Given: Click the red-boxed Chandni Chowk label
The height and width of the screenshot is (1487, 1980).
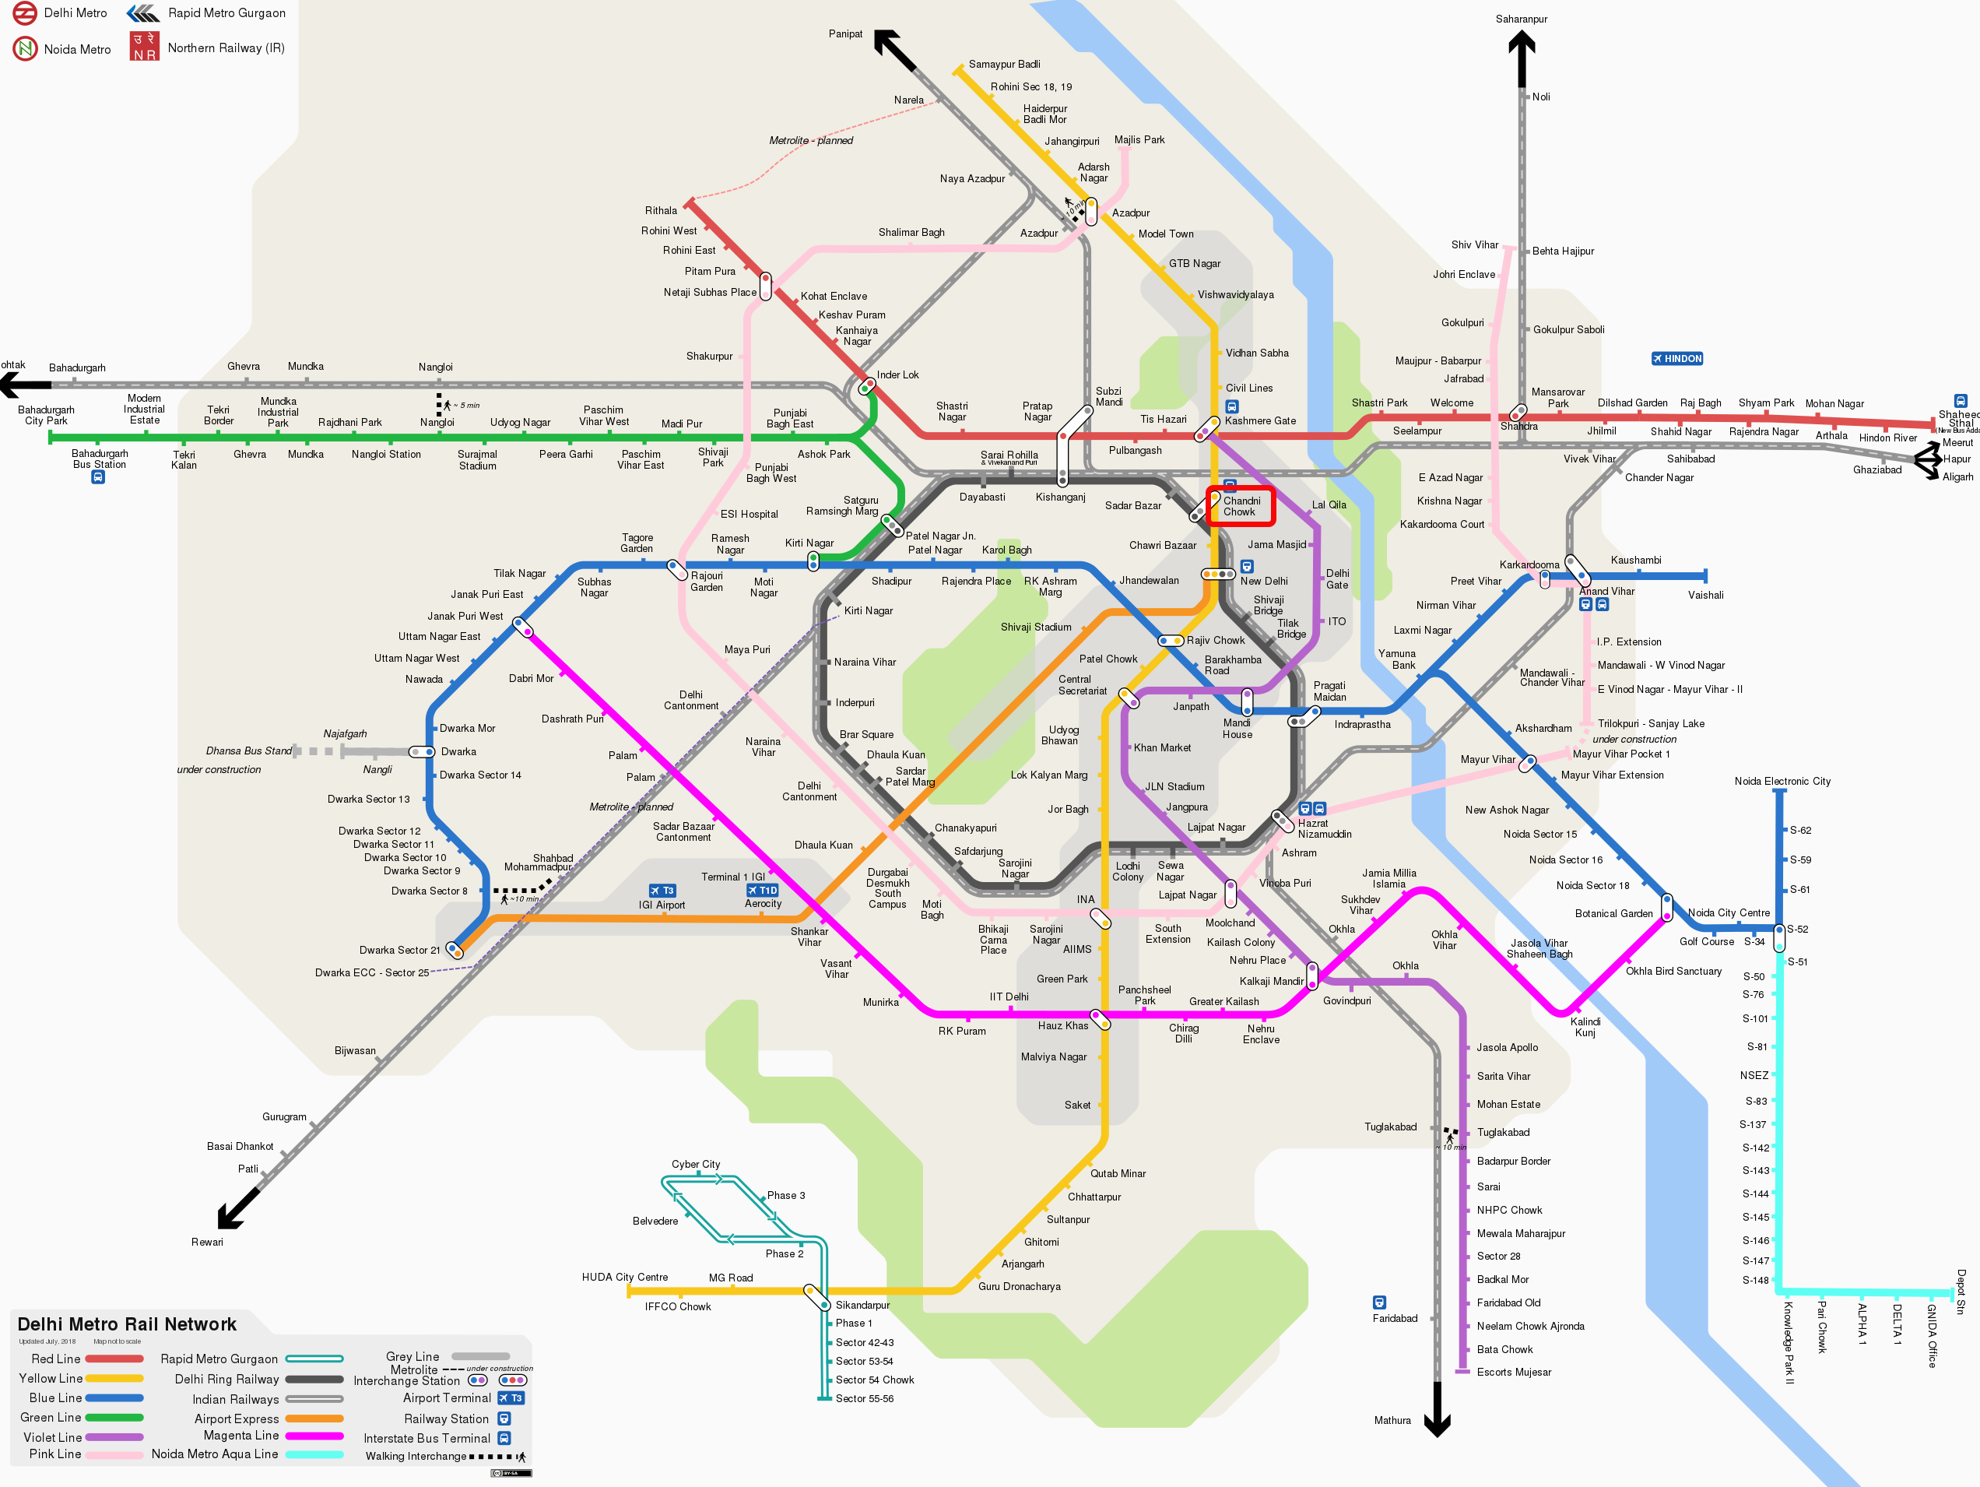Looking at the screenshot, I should [x=1240, y=507].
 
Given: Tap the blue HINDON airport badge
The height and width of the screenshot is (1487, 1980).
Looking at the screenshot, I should [x=1676, y=359].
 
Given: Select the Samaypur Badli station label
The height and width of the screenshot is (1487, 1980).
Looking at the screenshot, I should [x=1003, y=65].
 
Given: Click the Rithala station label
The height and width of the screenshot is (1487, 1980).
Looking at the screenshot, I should [x=661, y=210].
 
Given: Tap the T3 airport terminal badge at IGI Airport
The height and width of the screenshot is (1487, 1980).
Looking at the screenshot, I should [x=662, y=891].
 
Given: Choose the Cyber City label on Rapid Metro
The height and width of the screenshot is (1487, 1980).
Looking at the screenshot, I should [x=696, y=1164].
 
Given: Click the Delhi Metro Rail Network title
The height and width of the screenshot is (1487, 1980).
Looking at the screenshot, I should [x=126, y=1324].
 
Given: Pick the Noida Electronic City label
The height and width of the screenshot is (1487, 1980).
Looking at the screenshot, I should [x=1782, y=782].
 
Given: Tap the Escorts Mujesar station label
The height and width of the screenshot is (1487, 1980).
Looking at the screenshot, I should [x=1513, y=1373].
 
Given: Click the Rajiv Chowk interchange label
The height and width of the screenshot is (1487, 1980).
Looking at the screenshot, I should [x=1215, y=640].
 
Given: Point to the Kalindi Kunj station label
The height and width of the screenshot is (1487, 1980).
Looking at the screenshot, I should [x=1585, y=1027].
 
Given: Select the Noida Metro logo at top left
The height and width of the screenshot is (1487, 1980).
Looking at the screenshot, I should [x=24, y=48].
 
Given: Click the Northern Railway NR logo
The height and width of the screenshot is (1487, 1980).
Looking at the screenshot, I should [x=144, y=47].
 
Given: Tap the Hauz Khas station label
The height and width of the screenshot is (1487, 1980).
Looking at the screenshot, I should [x=1062, y=1026].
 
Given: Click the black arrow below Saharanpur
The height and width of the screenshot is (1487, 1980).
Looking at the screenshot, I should [x=1521, y=58].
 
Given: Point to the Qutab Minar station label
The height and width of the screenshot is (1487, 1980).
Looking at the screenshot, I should [x=1117, y=1174].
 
